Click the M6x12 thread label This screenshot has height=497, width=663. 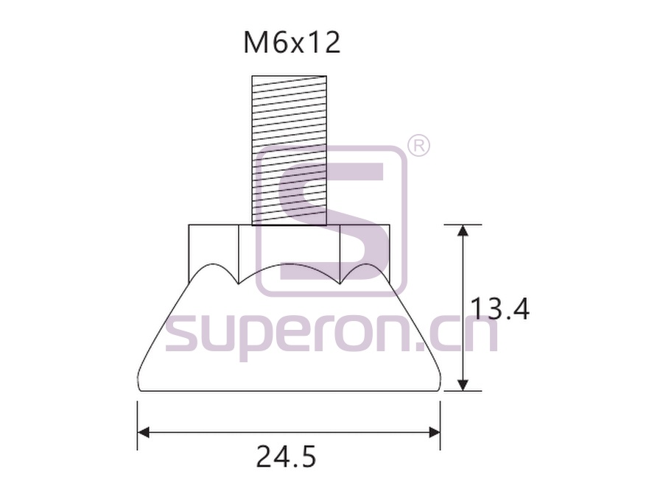click(x=292, y=43)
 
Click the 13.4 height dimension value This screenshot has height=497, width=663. click(x=499, y=309)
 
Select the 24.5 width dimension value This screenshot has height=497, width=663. click(x=287, y=457)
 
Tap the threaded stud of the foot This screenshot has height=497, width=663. click(x=290, y=150)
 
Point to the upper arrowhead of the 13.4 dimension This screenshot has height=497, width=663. click(x=464, y=230)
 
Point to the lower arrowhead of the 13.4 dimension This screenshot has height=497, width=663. click(x=464, y=384)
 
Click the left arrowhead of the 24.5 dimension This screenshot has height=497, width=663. click(x=144, y=432)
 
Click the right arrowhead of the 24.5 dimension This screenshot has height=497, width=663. click(x=434, y=432)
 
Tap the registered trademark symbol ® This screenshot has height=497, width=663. click(x=418, y=146)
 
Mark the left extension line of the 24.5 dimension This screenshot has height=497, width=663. click(x=138, y=425)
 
